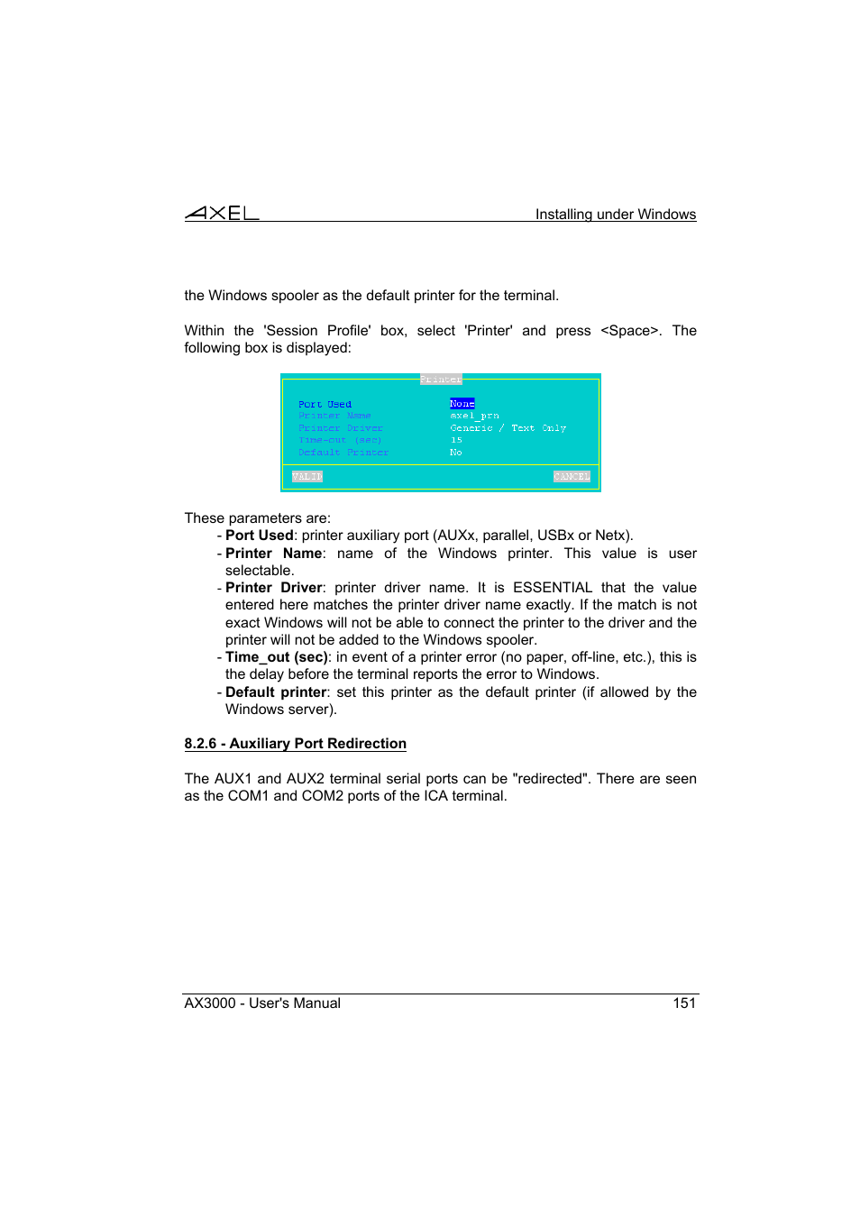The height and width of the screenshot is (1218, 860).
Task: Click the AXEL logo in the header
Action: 222,214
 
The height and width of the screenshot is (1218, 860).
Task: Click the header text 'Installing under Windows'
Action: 615,215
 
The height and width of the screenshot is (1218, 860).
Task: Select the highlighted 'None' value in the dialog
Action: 462,404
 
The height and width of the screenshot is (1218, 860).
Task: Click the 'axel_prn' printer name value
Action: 474,416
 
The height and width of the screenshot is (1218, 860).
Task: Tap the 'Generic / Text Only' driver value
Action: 508,428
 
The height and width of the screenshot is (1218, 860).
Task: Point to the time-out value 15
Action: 456,440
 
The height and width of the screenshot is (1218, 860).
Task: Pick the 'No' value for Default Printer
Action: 455,453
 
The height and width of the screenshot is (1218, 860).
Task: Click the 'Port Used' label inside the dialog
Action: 325,404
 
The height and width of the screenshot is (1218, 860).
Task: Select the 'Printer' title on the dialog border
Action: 441,380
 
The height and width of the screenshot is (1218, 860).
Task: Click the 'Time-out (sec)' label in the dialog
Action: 340,440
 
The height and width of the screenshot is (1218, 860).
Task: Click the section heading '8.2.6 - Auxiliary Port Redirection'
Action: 295,744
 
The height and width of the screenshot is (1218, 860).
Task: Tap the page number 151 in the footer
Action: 684,1003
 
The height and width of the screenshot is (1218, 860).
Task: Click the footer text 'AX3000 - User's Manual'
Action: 262,1003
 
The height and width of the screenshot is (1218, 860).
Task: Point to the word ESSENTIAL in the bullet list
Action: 553,588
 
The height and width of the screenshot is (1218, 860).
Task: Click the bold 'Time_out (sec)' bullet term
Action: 276,657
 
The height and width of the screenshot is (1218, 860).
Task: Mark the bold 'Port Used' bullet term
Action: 259,536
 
